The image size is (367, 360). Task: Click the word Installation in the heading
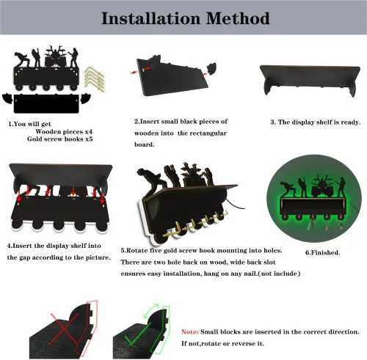pyautogui.click(x=150, y=18)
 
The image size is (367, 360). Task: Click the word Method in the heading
pyautogui.click(x=238, y=18)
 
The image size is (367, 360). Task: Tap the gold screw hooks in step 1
pyautogui.click(x=95, y=79)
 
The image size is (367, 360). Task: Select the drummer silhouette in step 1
pyautogui.click(x=55, y=56)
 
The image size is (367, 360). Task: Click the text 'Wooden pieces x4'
pyautogui.click(x=64, y=132)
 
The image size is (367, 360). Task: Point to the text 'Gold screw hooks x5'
pyautogui.click(x=60, y=139)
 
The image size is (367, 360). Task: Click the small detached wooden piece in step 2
pyautogui.click(x=211, y=68)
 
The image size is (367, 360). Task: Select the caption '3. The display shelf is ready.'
pyautogui.click(x=316, y=122)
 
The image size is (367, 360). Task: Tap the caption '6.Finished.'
pyautogui.click(x=322, y=253)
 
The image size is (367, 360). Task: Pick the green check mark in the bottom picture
pyautogui.click(x=137, y=334)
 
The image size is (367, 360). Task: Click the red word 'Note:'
pyautogui.click(x=189, y=332)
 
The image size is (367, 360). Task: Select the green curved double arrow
pyautogui.click(x=150, y=310)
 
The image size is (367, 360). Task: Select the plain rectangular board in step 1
pyautogui.click(x=46, y=104)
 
